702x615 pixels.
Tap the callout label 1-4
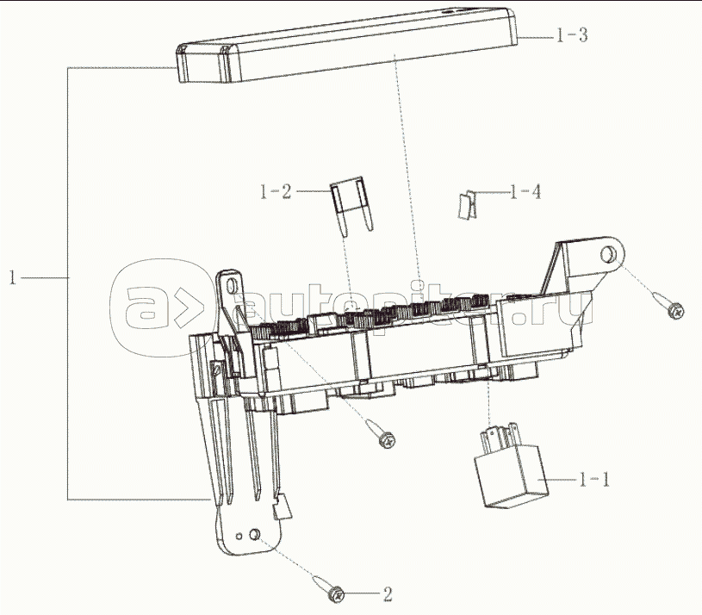tap(525, 191)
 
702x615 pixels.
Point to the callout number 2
tap(387, 593)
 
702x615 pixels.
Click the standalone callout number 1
tap(13, 277)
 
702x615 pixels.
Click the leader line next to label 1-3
tap(537, 36)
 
